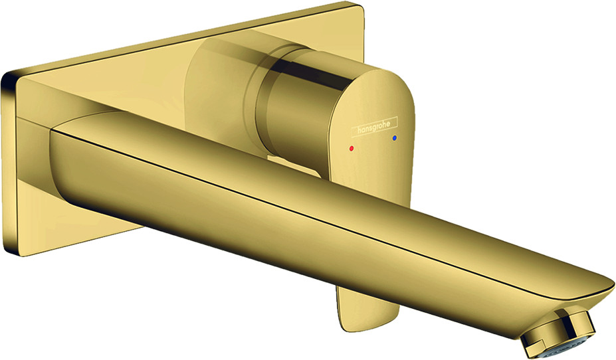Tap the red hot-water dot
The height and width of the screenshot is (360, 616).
352,149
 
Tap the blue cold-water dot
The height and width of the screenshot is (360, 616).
395,138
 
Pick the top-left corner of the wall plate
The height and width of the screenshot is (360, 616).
4,74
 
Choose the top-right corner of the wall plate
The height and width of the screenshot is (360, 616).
361,5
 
